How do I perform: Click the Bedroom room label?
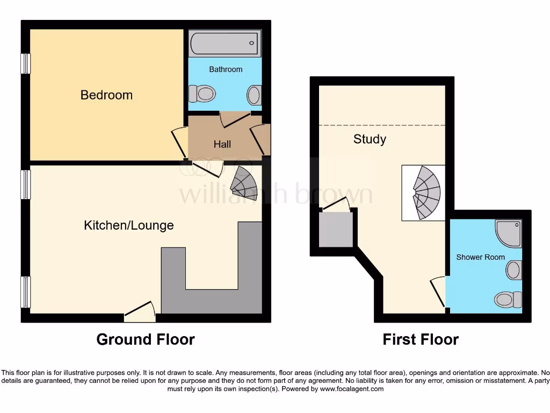[106, 95]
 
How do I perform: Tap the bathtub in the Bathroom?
[225, 43]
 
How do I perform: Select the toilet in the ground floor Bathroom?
[201, 95]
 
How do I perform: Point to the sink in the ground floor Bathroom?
[254, 95]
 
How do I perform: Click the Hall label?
[222, 144]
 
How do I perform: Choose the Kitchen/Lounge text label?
[129, 225]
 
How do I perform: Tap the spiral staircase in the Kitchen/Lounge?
[244, 183]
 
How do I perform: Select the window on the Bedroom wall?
[25, 63]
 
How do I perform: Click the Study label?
[370, 139]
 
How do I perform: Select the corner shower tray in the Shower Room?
[509, 233]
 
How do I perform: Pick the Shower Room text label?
[480, 257]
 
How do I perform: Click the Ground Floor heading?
[145, 339]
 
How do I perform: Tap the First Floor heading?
[421, 339]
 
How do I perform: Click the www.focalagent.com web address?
[352, 389]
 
